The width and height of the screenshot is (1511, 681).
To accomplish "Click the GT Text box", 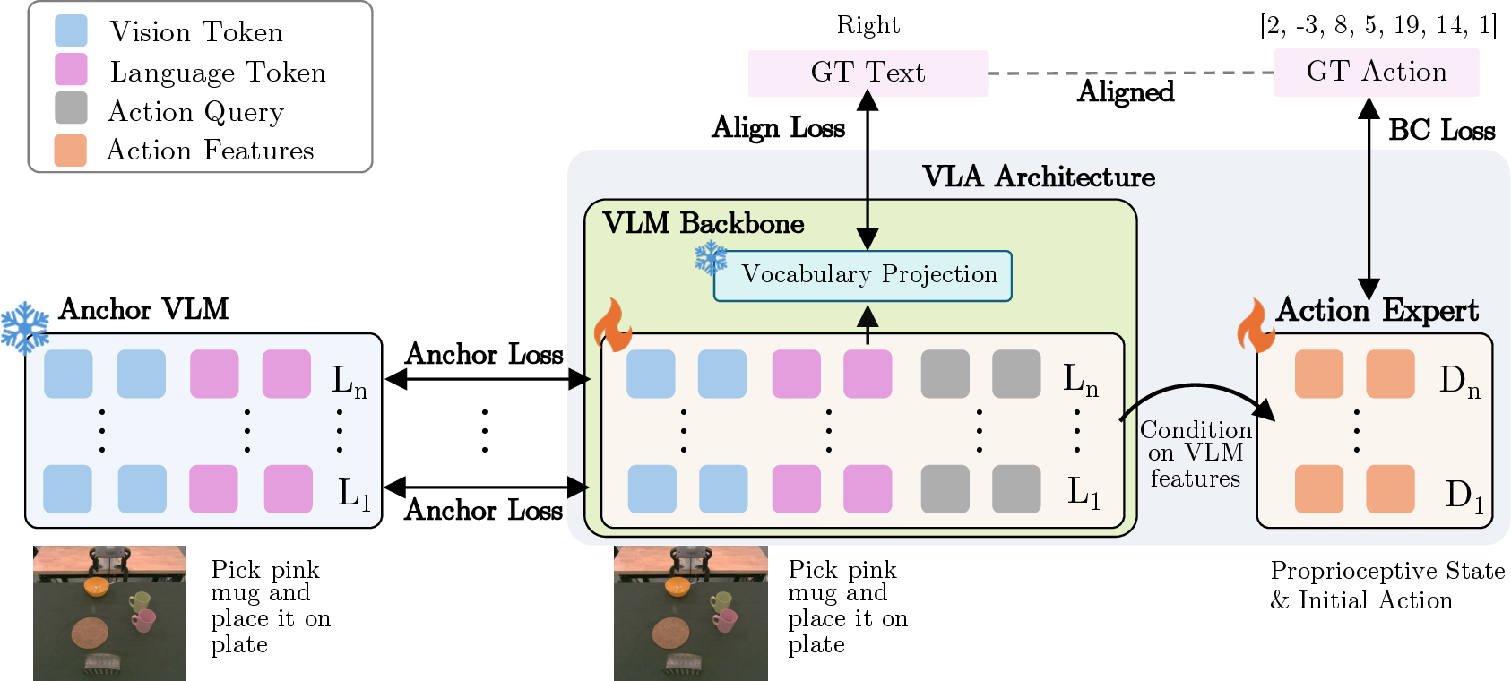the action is tap(868, 73).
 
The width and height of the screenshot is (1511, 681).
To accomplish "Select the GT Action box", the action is tap(1376, 72).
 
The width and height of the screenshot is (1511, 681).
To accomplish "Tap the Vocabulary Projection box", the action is tap(863, 276).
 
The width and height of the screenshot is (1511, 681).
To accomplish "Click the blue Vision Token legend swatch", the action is tap(71, 31).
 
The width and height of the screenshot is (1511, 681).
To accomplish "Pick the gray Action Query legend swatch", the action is tap(71, 108).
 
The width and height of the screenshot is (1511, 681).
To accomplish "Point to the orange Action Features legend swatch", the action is tap(71, 150).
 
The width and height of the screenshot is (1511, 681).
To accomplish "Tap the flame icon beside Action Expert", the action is tap(1256, 325).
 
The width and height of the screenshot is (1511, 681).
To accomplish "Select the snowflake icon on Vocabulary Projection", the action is tap(711, 259).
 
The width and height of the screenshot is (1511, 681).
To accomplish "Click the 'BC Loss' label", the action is tap(1441, 130).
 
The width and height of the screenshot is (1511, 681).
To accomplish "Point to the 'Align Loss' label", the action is tap(779, 127).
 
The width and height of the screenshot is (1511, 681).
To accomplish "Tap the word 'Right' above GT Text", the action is tap(868, 26).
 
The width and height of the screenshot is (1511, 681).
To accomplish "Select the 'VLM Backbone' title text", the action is tap(704, 223).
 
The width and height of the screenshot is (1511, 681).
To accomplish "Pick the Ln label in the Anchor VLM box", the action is tap(350, 382).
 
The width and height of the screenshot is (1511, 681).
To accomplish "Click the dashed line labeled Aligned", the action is tap(1131, 73).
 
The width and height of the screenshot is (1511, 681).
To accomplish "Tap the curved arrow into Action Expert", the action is tap(1196, 386).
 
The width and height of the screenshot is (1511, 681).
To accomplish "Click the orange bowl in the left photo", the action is tap(96, 587).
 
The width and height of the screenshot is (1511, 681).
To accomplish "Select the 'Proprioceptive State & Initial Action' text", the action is tap(1387, 585).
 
